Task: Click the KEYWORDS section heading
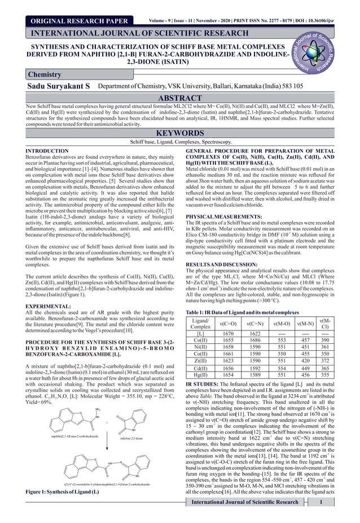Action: [x=179, y=133]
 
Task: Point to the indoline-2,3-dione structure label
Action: [x=134, y=437]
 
